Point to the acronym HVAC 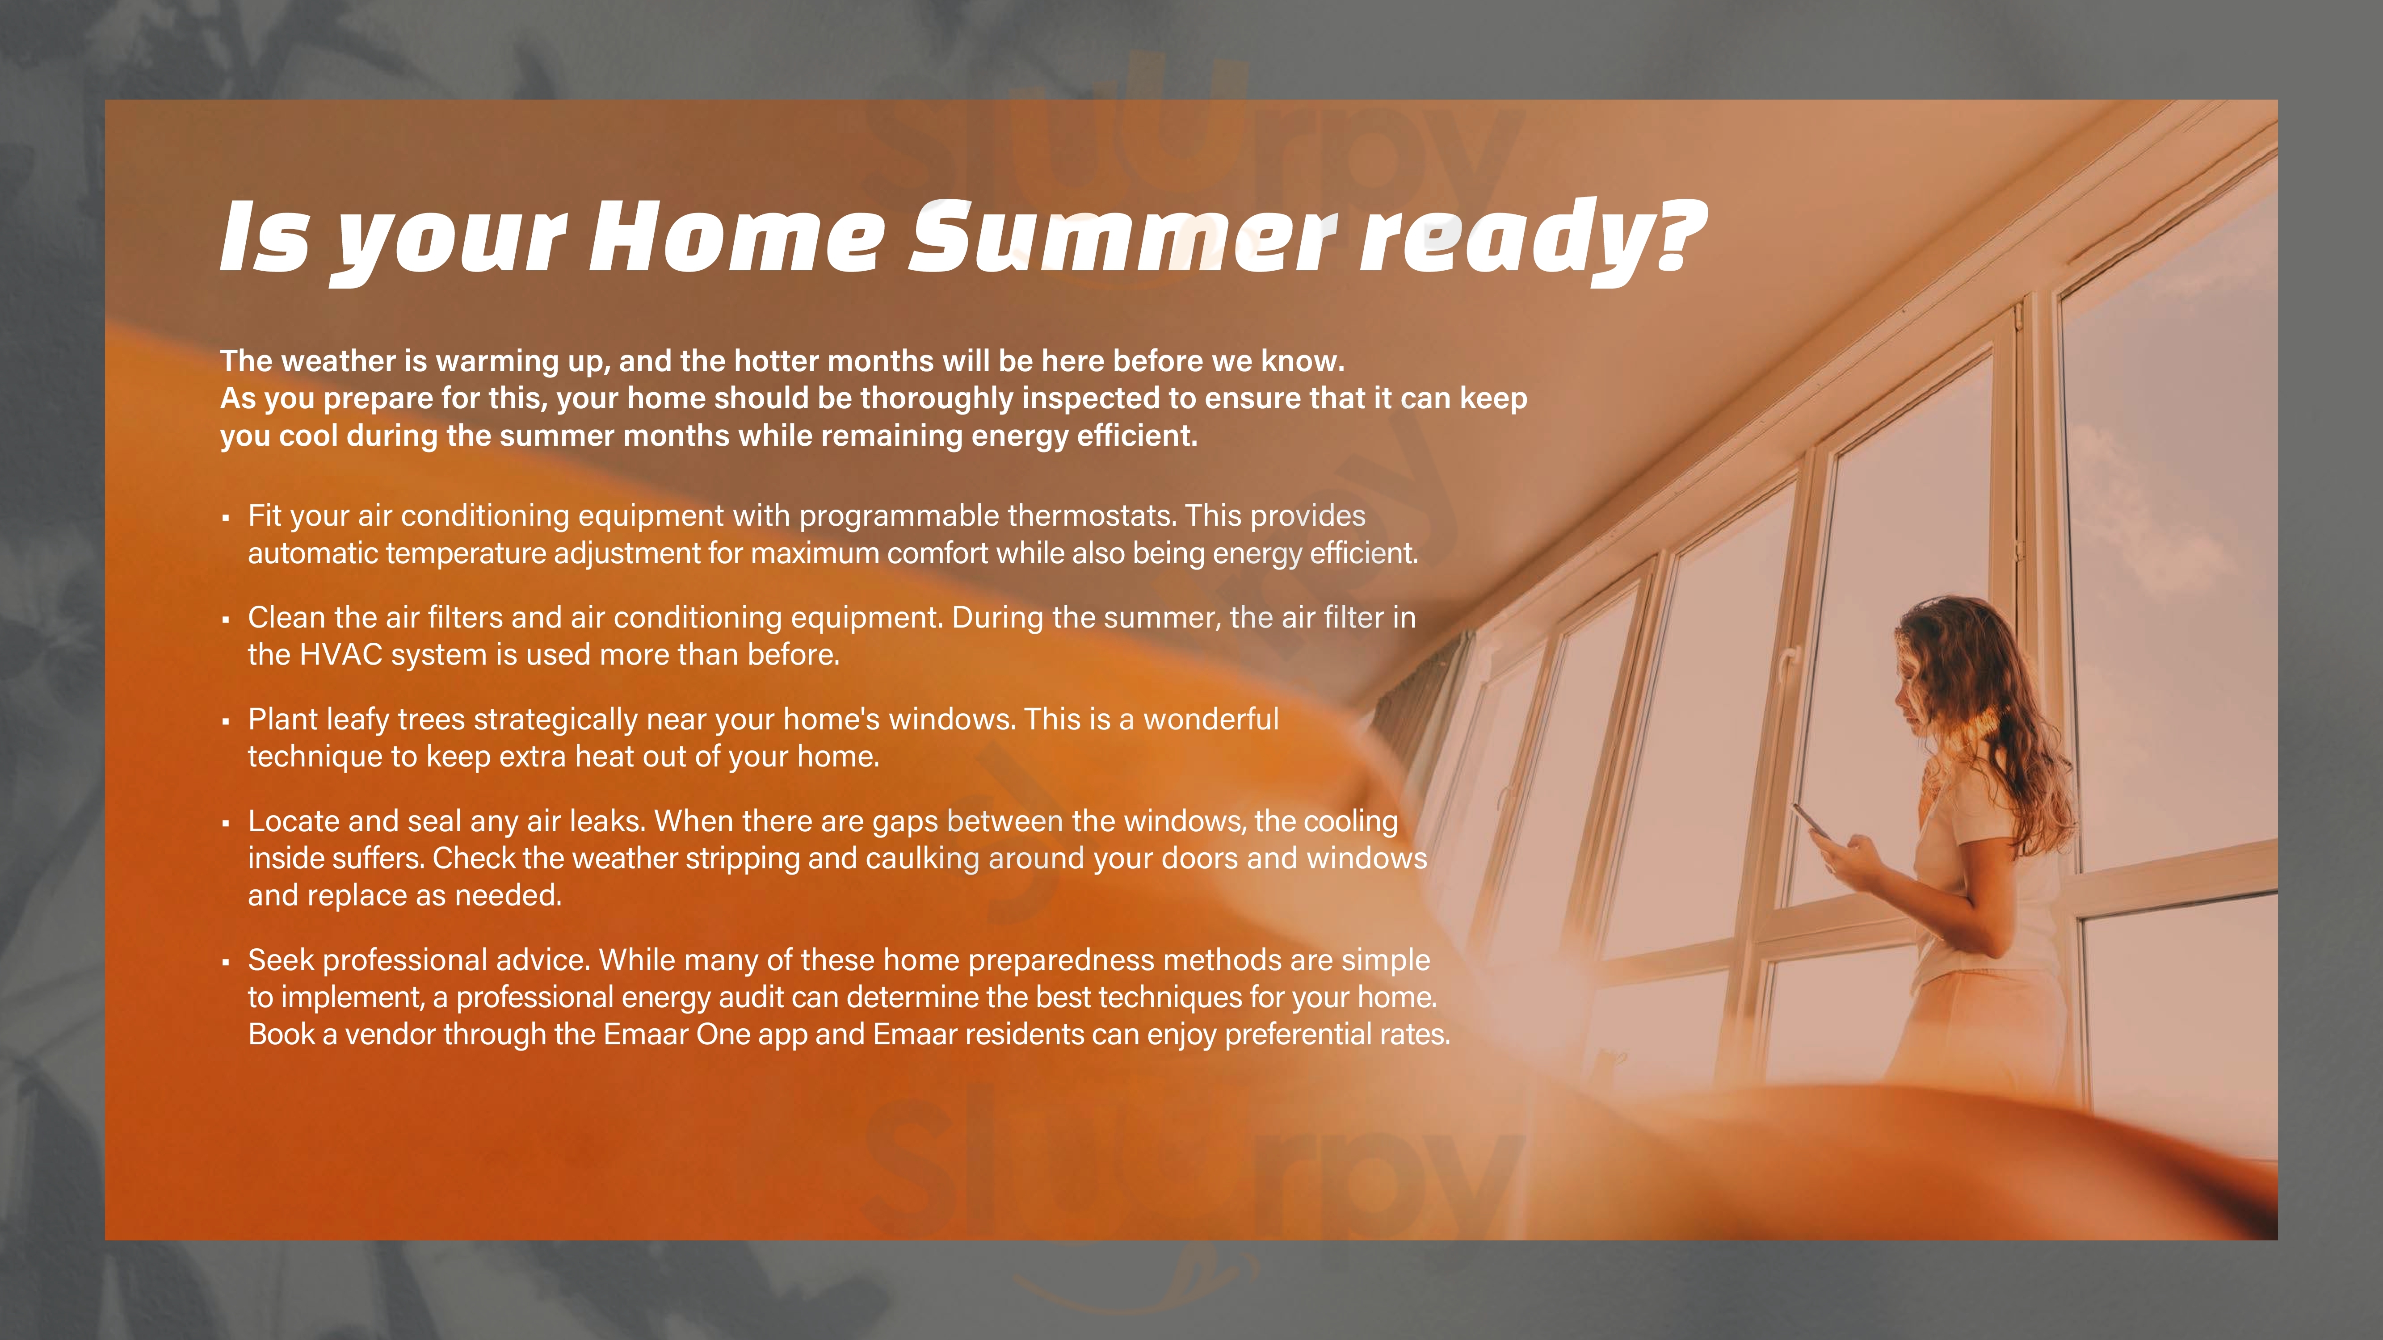point(341,655)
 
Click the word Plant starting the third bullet point(283,720)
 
